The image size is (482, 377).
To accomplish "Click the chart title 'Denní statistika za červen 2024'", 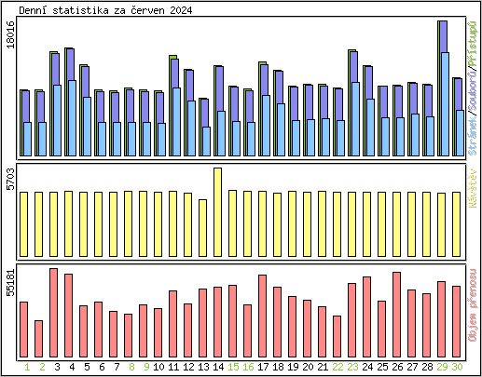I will point(100,9).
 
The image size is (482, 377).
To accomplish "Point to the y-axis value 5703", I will point(10,180).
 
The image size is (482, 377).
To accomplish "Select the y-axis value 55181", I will point(10,282).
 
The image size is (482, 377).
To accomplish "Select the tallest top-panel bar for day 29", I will point(443,88).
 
